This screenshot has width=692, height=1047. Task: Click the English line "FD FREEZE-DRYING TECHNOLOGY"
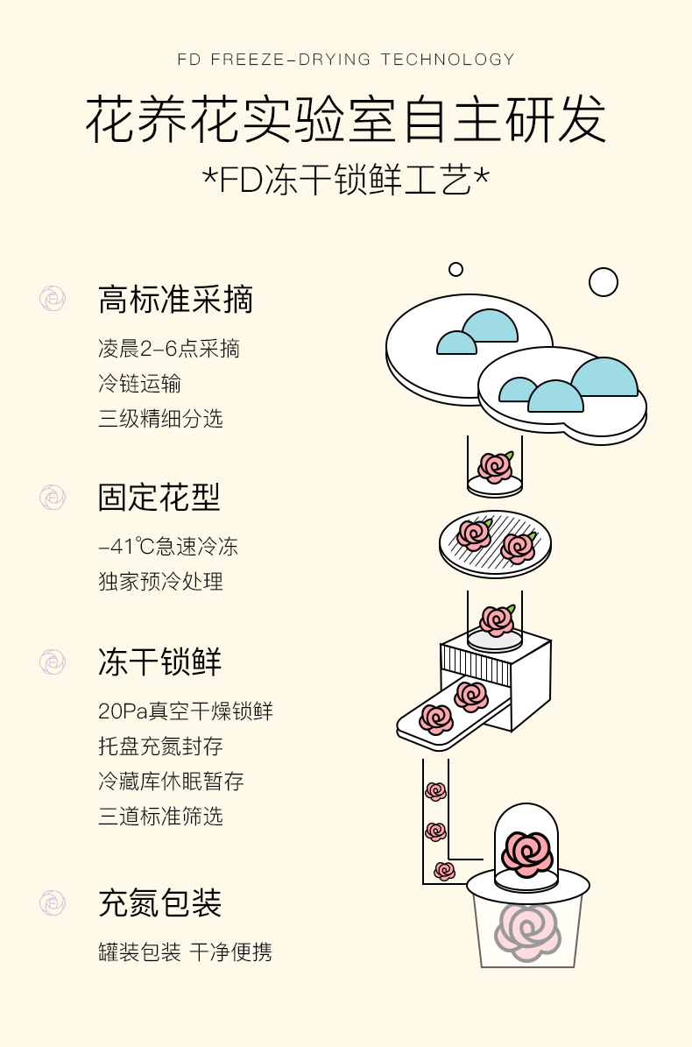tap(346, 60)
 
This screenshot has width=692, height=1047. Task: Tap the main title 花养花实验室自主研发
tap(346, 120)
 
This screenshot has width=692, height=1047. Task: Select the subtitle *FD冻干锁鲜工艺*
tap(346, 180)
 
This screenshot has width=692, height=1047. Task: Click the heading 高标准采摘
tap(175, 300)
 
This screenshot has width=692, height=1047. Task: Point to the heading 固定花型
tap(159, 497)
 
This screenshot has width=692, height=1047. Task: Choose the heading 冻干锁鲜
tap(159, 661)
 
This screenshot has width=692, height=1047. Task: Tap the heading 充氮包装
tap(159, 903)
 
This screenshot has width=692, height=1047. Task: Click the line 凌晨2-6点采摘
tap(169, 349)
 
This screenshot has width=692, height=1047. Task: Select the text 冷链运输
tap(140, 384)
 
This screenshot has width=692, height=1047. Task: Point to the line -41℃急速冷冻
tap(168, 548)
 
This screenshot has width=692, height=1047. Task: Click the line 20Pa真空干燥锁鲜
tap(186, 711)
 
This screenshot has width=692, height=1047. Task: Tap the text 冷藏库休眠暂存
tap(171, 782)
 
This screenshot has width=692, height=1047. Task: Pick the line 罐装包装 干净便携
tap(185, 952)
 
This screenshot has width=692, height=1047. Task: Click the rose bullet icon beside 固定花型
tap(53, 497)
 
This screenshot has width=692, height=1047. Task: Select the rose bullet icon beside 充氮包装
tap(53, 902)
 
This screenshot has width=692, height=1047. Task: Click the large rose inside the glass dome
tap(528, 852)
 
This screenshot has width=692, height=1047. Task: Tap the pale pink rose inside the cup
tap(526, 930)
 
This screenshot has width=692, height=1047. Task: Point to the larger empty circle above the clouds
tap(604, 282)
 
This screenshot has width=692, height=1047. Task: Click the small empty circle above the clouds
tap(455, 269)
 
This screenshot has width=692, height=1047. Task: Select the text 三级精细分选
tap(160, 419)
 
